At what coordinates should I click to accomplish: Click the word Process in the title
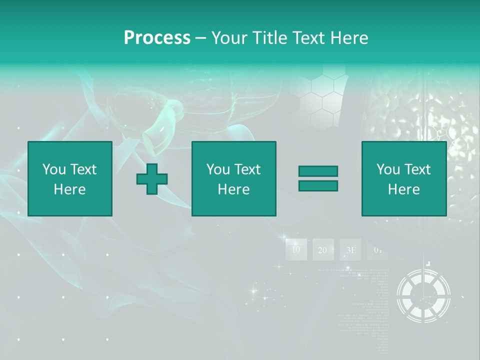pyautogui.click(x=157, y=38)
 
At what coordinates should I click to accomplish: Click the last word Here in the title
pyautogui.click(x=350, y=38)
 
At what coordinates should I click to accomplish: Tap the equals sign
pyautogui.click(x=318, y=178)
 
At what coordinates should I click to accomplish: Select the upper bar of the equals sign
pyautogui.click(x=318, y=171)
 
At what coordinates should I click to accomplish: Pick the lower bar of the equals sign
pyautogui.click(x=318, y=185)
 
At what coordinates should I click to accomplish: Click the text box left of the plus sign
pyautogui.click(x=70, y=178)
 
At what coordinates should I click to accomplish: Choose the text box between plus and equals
pyautogui.click(x=234, y=178)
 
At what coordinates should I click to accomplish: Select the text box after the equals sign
pyautogui.click(x=404, y=178)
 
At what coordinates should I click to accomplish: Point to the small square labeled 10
pyautogui.click(x=296, y=249)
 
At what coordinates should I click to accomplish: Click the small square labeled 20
pyautogui.click(x=323, y=249)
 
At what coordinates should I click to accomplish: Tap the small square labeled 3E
pyautogui.click(x=350, y=249)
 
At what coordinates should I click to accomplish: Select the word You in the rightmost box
pyautogui.click(x=388, y=169)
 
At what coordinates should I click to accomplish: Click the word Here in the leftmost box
pyautogui.click(x=70, y=189)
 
